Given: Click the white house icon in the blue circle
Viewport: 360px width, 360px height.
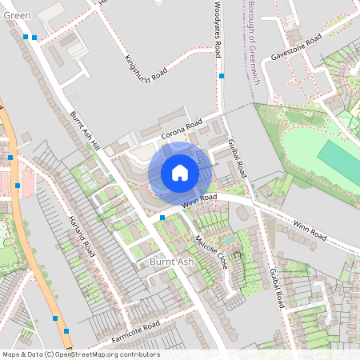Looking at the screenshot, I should (x=180, y=172).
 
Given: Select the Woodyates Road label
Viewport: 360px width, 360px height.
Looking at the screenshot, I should (x=218, y=29).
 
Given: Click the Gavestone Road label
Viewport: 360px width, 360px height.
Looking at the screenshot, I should (x=296, y=48).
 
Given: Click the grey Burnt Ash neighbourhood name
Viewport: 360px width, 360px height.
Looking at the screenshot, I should (x=171, y=262).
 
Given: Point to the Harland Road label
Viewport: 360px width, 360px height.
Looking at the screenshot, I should (x=82, y=234).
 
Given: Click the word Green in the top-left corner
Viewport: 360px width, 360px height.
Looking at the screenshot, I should (x=17, y=15).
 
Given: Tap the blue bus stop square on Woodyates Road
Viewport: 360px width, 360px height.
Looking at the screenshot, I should (x=222, y=75).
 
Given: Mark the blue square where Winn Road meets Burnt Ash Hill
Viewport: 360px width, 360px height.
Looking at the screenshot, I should (x=162, y=217).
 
